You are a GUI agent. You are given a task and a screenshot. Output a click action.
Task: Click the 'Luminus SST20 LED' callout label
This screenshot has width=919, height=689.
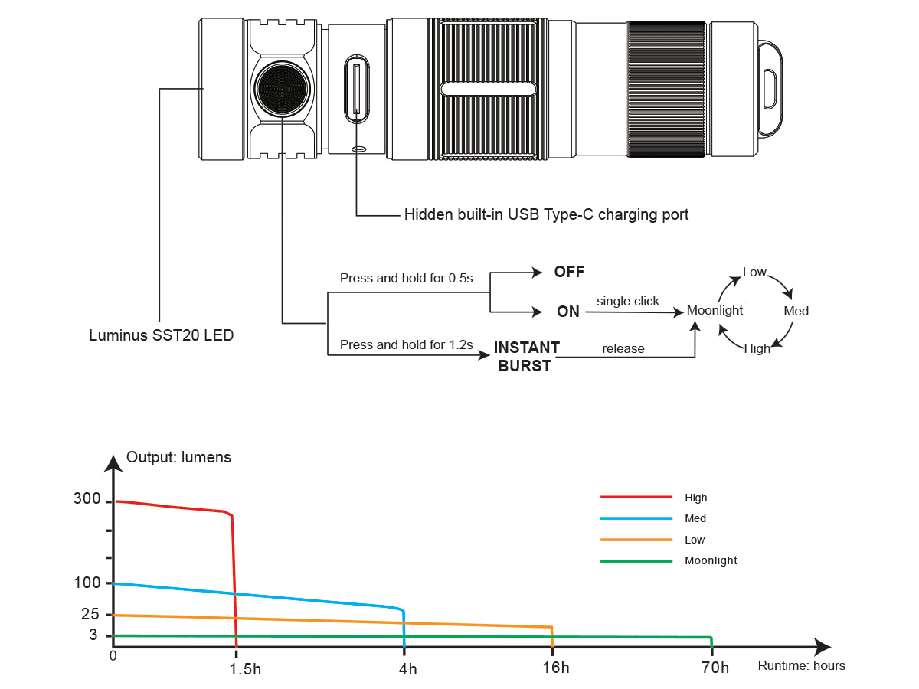161,335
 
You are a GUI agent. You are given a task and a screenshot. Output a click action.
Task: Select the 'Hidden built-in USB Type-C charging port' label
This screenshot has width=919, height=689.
546,215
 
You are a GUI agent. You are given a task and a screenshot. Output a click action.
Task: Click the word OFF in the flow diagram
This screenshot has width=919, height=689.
569,273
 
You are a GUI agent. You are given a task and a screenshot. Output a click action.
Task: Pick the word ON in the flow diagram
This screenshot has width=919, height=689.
568,312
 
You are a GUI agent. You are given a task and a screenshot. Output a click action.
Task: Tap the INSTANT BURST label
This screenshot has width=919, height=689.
525,357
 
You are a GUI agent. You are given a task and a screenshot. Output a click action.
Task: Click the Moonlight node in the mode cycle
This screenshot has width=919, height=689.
715,311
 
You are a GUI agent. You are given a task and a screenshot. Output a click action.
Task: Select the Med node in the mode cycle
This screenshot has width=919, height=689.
796,312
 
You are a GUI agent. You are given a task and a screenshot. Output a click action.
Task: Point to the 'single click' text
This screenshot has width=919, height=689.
627,302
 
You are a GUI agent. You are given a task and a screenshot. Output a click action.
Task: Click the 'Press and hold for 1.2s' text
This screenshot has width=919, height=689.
407,345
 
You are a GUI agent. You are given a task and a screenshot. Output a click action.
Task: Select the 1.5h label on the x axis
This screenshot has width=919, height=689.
245,668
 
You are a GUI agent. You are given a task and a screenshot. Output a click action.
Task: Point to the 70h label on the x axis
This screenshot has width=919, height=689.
715,668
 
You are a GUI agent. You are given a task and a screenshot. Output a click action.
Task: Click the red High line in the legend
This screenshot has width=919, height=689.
636,497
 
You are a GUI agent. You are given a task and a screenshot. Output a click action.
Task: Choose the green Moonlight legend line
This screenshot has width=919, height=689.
636,560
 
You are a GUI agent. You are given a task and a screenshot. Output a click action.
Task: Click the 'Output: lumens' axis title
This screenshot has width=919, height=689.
178,458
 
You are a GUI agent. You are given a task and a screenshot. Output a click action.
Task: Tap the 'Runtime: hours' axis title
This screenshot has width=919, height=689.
801,666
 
